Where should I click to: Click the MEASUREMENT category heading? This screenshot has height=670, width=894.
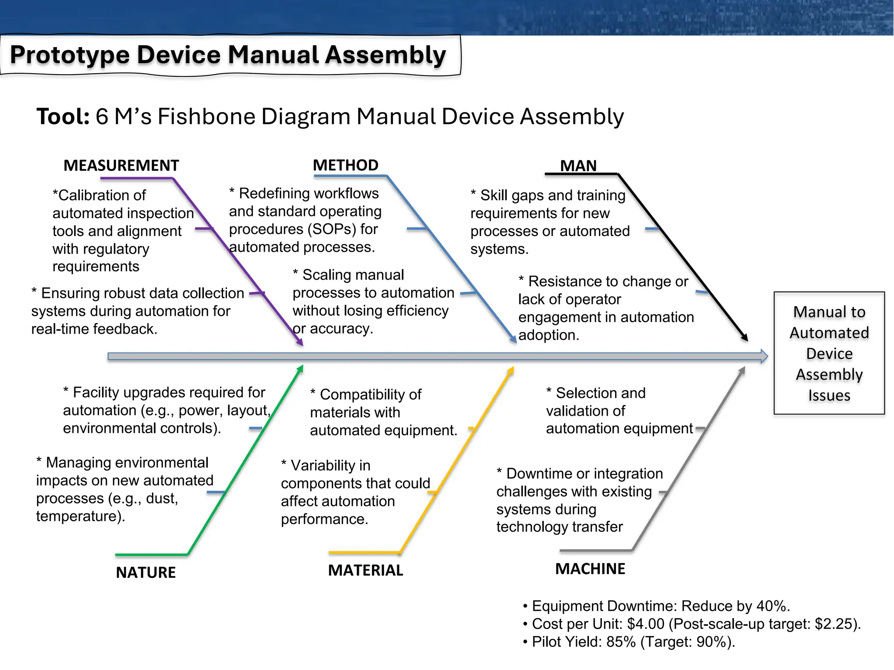[x=121, y=166]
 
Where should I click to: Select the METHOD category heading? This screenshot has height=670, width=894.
[x=346, y=165]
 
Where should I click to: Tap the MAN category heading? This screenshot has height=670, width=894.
[x=578, y=166]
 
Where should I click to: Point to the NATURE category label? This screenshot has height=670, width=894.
[x=146, y=572]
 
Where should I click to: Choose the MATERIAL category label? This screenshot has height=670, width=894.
[x=365, y=571]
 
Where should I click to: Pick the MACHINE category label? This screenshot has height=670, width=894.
[x=590, y=569]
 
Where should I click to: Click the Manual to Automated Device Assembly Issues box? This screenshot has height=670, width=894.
[x=829, y=353]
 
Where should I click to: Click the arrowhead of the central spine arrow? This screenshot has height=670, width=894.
[x=764, y=356]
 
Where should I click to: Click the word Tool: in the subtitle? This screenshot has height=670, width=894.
[x=63, y=117]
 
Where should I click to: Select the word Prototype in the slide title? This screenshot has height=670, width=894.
[x=70, y=55]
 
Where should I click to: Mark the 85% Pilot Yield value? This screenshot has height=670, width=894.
[x=621, y=642]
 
